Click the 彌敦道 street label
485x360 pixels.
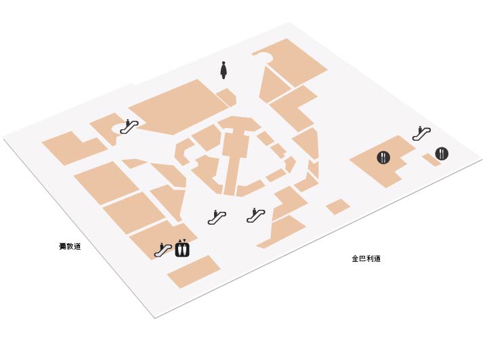coord(70,246)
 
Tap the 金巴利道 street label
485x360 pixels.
coord(366,258)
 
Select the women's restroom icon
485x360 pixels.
coord(224,70)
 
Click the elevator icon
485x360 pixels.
coord(182,248)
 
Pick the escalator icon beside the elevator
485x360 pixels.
coord(163,250)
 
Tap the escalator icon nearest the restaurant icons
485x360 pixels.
coord(421,133)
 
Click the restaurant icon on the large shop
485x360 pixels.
coord(383,157)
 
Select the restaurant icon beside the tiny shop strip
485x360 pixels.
coord(442,154)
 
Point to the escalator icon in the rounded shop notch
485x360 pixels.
coord(129,127)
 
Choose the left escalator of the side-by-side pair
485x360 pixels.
coord(217,217)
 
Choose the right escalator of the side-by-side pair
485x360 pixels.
coord(256,215)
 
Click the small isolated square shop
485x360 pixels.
coord(338,206)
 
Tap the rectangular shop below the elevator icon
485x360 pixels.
coord(194,271)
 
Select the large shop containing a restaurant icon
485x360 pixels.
coord(383,160)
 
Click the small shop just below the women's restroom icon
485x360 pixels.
coord(226,97)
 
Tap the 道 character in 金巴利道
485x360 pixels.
coord(377,258)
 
